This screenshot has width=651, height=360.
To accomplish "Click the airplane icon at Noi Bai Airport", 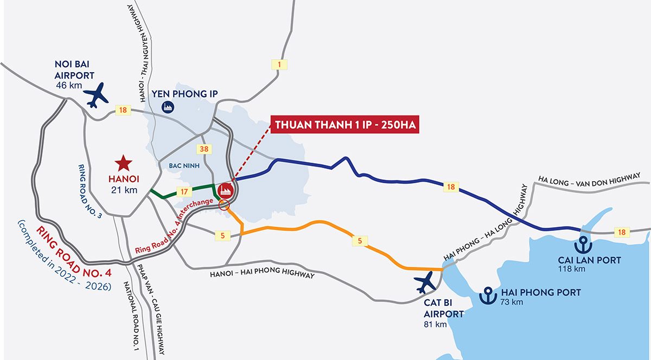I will (97, 95).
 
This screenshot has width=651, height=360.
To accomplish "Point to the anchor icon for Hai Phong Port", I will (489, 296).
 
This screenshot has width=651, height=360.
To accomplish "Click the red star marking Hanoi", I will (124, 162).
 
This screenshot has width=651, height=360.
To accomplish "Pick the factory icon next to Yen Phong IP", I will (169, 107).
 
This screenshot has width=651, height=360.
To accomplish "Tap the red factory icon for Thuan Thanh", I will (225, 190).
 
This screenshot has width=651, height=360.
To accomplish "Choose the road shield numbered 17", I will (184, 191).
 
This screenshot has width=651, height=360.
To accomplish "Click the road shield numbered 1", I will (279, 65).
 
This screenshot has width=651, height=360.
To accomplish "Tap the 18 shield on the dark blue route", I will (450, 187).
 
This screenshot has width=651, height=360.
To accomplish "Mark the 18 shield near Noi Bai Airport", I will (123, 111).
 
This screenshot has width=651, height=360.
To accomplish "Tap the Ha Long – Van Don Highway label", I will (593, 179).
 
